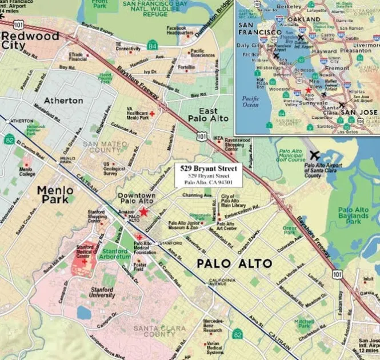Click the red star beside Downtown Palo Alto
tap(143, 211)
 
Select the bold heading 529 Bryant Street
tap(208, 169)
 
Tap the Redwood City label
tap(30, 41)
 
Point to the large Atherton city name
tap(63, 100)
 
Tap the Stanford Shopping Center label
tap(95, 215)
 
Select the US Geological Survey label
tap(114, 168)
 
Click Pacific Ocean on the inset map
tap(250, 101)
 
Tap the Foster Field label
tap(139, 267)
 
